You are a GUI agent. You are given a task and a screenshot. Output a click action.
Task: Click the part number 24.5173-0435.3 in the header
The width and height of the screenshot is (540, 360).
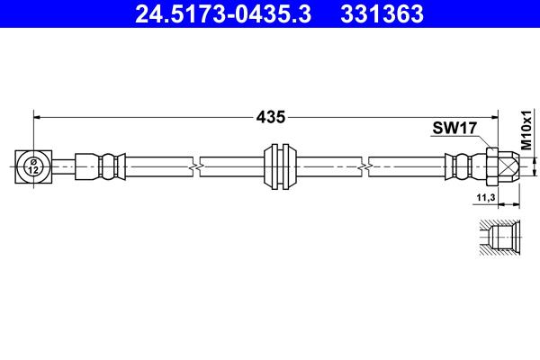(x=223, y=13)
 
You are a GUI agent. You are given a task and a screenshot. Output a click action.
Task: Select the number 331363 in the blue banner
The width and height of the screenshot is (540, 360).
(x=382, y=13)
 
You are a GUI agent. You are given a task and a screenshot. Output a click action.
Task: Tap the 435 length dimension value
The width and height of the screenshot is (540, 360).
(x=271, y=117)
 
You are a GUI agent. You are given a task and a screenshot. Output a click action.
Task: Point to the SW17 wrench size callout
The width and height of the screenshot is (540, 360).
(x=454, y=128)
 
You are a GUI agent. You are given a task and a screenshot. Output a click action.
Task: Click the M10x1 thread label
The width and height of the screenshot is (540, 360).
(x=526, y=130)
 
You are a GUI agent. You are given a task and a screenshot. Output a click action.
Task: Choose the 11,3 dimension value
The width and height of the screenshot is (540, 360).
(x=486, y=197)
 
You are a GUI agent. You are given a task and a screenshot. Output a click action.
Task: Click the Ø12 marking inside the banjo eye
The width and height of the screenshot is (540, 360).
(x=33, y=166)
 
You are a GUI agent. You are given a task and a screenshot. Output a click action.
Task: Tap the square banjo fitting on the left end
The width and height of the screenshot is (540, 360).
(x=33, y=166)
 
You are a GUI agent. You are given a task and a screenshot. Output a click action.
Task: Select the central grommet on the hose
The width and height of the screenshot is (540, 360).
(x=280, y=166)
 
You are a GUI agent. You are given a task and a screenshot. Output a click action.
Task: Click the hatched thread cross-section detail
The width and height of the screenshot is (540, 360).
(x=499, y=237)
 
